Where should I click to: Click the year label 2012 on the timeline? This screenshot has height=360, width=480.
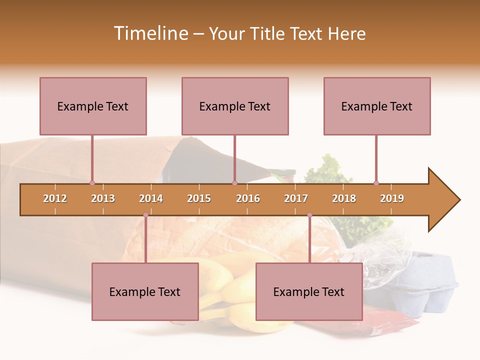55,198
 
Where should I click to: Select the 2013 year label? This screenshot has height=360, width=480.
103,198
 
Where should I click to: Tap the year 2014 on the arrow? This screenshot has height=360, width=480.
151,198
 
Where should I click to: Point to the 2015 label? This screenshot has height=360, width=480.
199,198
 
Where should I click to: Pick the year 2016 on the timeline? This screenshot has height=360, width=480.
248,198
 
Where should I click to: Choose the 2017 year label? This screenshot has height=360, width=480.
296,198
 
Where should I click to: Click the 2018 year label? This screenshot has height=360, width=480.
344,198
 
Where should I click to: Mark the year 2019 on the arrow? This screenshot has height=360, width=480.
392,198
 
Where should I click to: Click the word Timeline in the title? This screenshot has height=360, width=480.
149,33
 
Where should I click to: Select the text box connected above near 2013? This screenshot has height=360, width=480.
93,106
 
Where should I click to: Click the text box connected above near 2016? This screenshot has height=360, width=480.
235,106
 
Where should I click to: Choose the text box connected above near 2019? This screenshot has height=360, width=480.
377,106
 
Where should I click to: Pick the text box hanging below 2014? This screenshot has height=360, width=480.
145,291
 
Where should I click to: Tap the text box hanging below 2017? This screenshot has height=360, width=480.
309,291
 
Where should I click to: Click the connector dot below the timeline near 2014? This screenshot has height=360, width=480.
145,215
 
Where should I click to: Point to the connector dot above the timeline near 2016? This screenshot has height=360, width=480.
234,183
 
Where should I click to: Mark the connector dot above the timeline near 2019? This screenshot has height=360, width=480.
376,183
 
